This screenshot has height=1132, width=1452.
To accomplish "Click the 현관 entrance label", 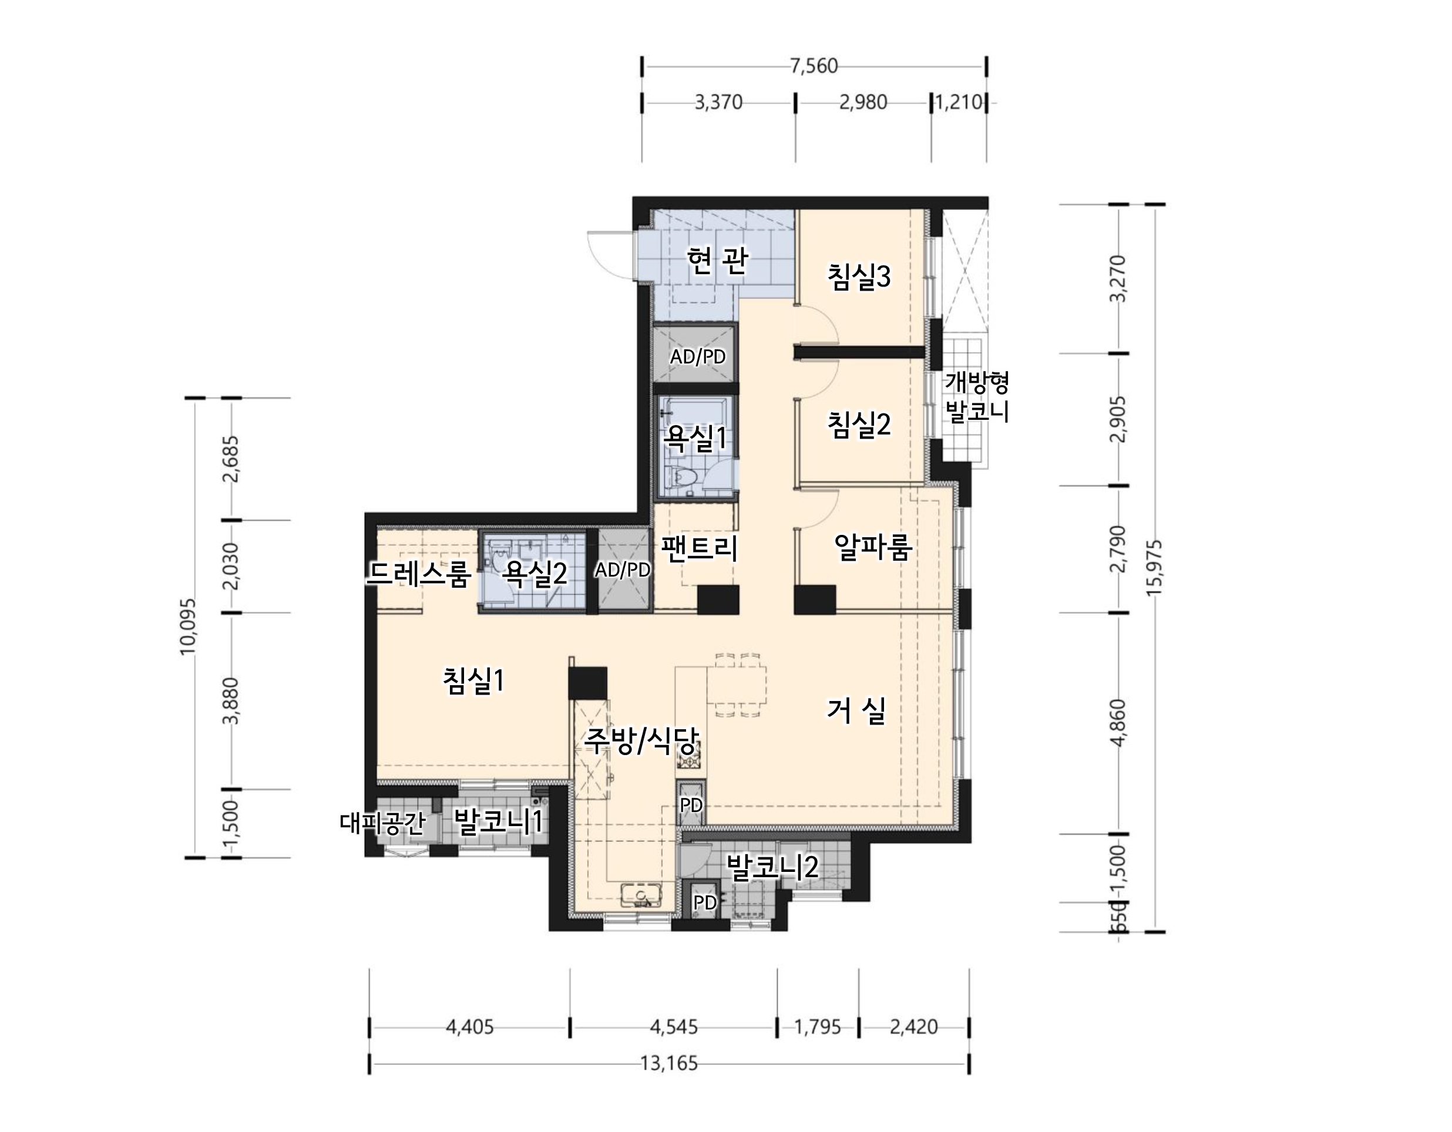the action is pyautogui.click(x=717, y=261).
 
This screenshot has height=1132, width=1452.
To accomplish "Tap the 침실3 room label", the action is pyautogui.click(x=859, y=276).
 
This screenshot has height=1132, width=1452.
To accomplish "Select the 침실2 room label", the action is pyautogui.click(x=859, y=424).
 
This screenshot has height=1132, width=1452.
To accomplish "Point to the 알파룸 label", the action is pyautogui.click(x=873, y=547).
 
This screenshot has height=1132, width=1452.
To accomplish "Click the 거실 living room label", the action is pyautogui.click(x=856, y=710).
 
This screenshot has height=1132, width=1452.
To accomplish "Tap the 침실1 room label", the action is pyautogui.click(x=473, y=680).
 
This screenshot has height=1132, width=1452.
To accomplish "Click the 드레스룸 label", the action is pyautogui.click(x=419, y=573).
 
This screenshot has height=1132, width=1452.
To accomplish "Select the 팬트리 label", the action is pyautogui.click(x=700, y=548).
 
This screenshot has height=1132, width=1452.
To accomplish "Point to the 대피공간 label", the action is pyautogui.click(x=382, y=823).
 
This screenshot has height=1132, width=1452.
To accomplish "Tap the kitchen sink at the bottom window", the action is pyautogui.click(x=640, y=895).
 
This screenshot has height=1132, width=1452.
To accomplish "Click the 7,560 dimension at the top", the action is pyautogui.click(x=814, y=66).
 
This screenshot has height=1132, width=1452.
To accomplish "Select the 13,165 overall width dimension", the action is pyautogui.click(x=669, y=1063).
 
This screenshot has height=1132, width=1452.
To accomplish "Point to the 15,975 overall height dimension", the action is pyautogui.click(x=1155, y=568).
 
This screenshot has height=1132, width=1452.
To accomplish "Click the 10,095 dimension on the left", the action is pyautogui.click(x=188, y=627).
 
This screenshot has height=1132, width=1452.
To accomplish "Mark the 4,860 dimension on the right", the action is pyautogui.click(x=1119, y=723).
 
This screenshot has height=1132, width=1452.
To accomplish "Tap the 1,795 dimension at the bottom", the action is pyautogui.click(x=818, y=1027).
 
